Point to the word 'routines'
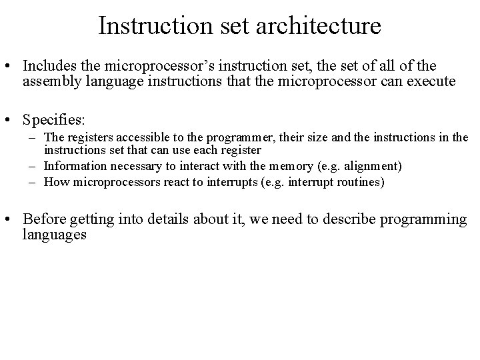(361, 182)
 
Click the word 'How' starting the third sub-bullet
(55, 182)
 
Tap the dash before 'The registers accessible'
(33, 138)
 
